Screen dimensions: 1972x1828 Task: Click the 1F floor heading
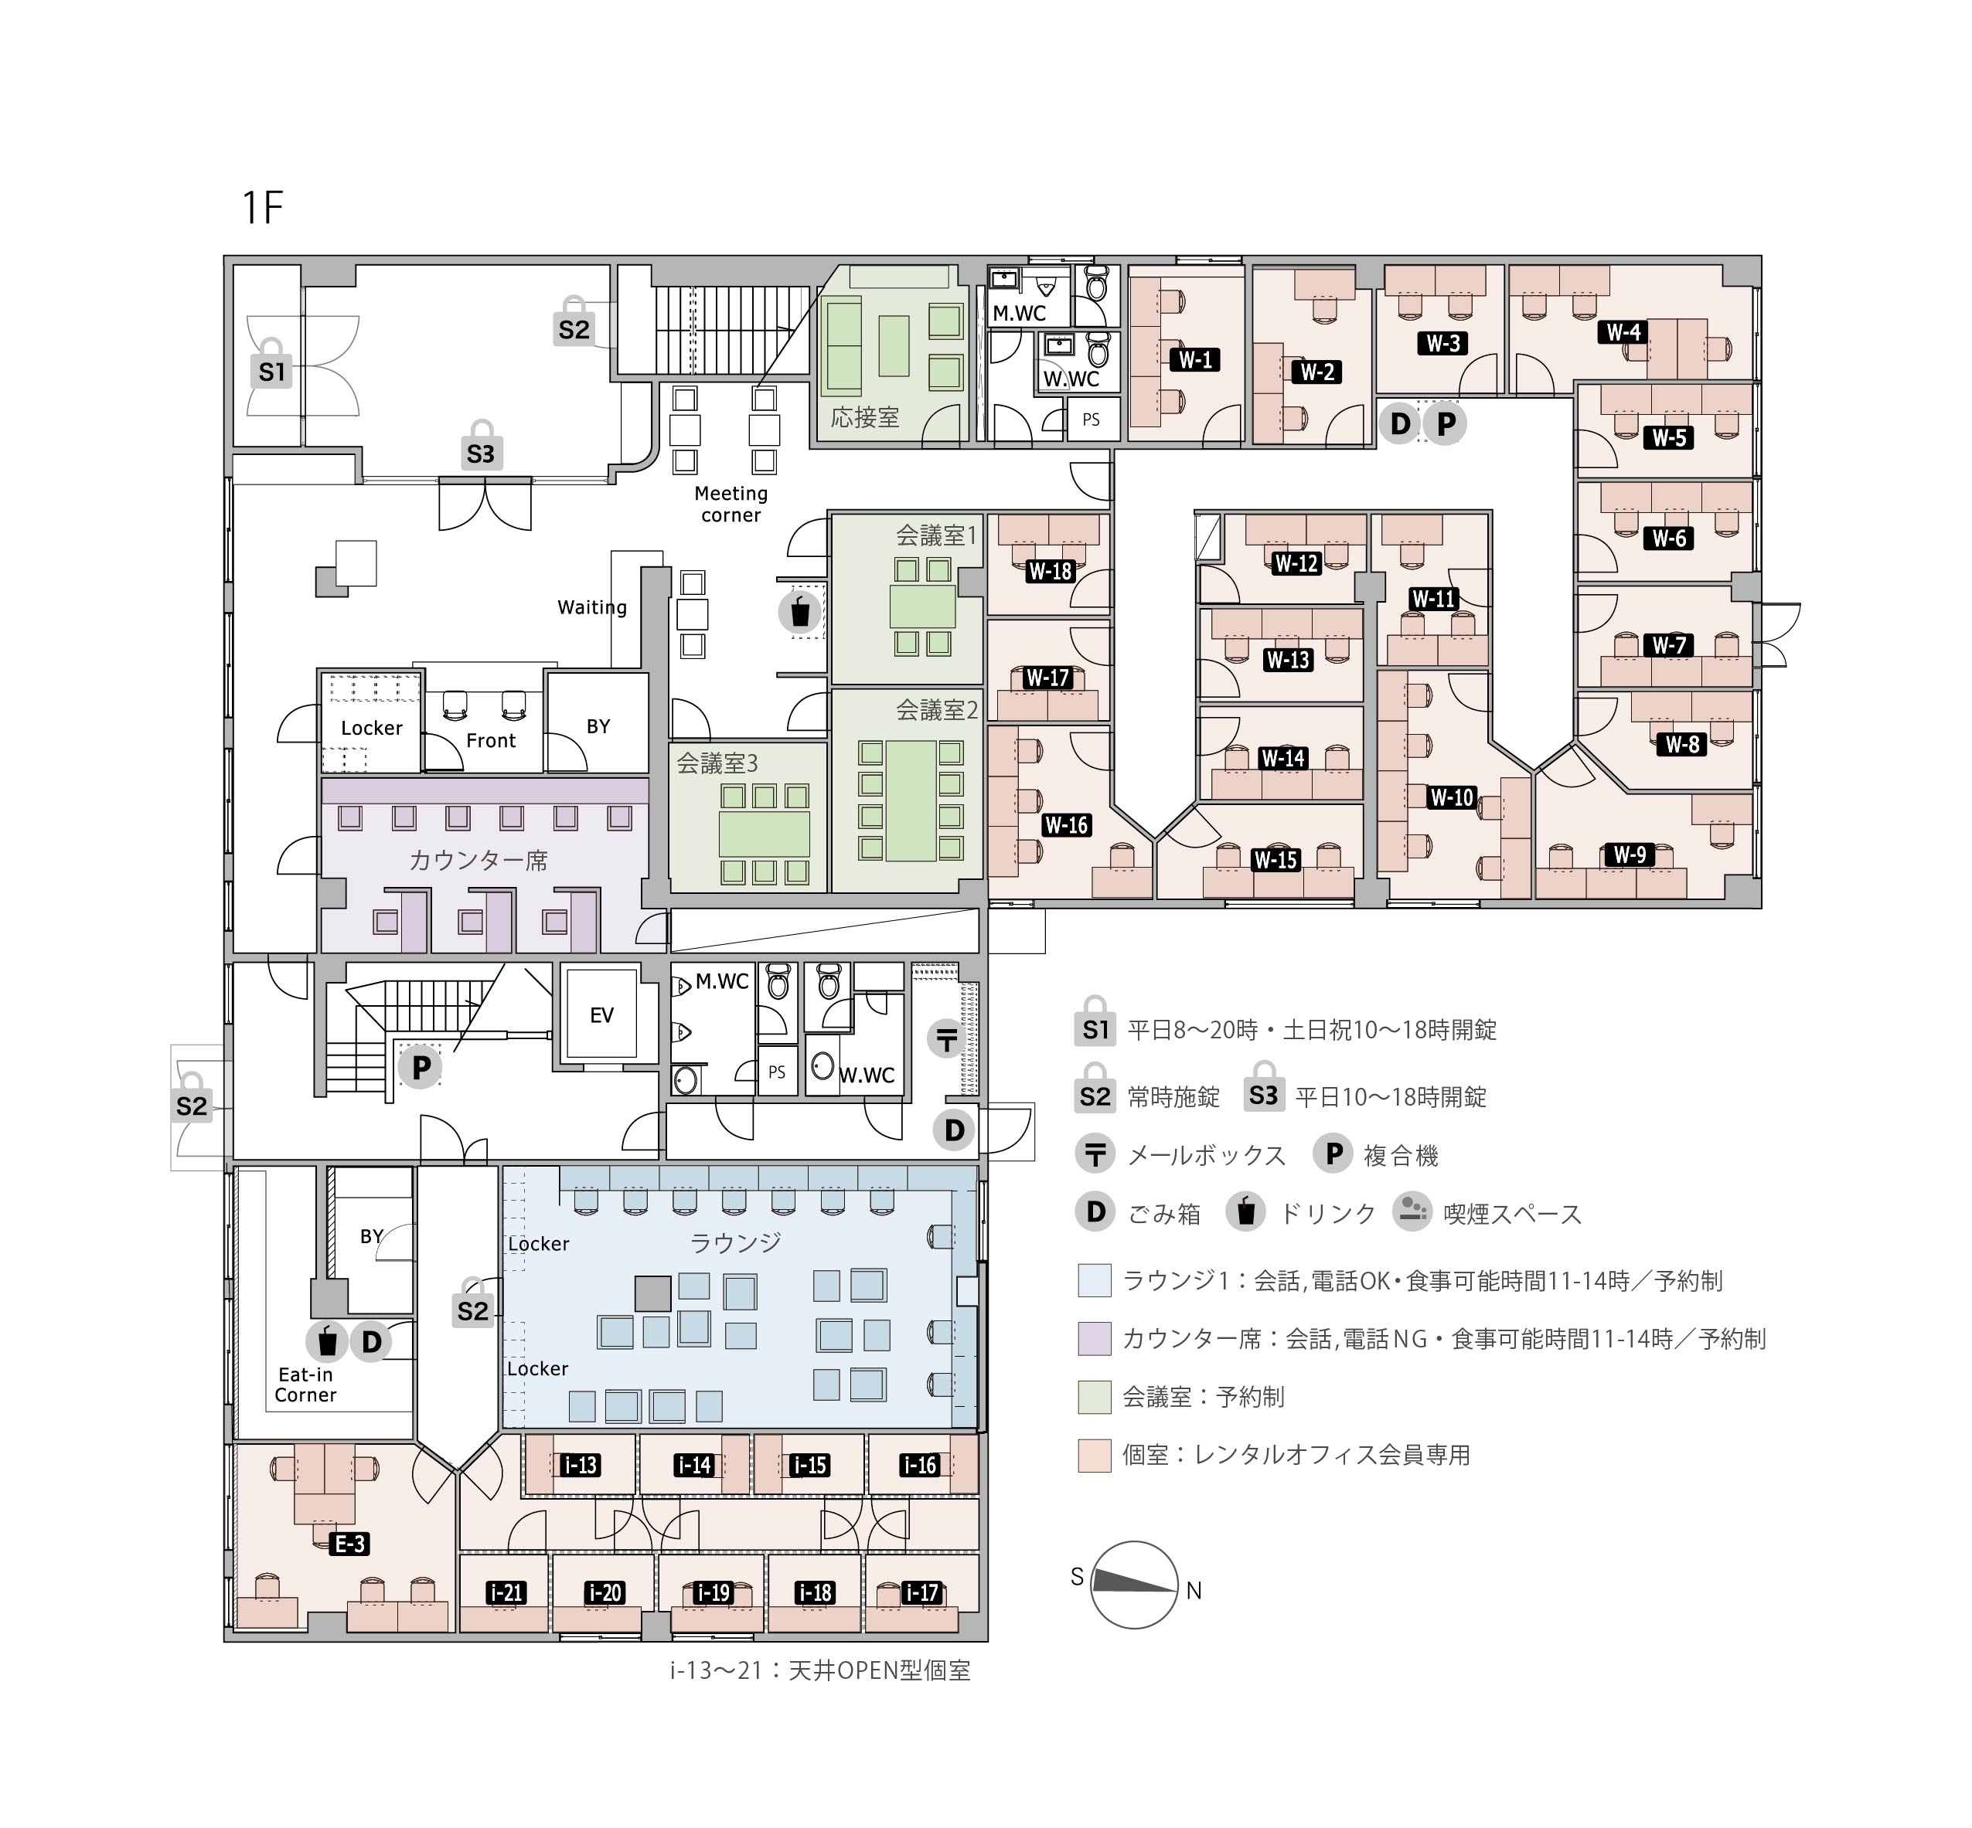click(263, 208)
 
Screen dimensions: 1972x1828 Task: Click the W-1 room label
click(1195, 359)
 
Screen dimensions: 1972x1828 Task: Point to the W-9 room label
click(1630, 854)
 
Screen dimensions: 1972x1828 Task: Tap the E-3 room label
click(349, 1543)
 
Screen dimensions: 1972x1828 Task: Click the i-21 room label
click(506, 1592)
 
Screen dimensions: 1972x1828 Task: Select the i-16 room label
click(920, 1466)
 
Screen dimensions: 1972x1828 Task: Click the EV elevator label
click(601, 1016)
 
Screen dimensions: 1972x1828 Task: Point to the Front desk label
click(491, 741)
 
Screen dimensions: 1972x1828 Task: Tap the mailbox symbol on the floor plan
click(947, 1038)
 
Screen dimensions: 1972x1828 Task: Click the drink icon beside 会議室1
click(799, 611)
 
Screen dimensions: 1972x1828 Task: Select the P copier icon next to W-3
click(1446, 423)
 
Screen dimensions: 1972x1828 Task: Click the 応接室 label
click(865, 417)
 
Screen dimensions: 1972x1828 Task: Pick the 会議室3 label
click(717, 763)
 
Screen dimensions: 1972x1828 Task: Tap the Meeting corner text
click(731, 505)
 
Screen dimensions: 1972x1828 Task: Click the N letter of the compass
click(1194, 1591)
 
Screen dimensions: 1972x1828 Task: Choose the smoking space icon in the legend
click(1412, 1211)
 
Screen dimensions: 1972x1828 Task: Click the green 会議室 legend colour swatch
click(1095, 1397)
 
